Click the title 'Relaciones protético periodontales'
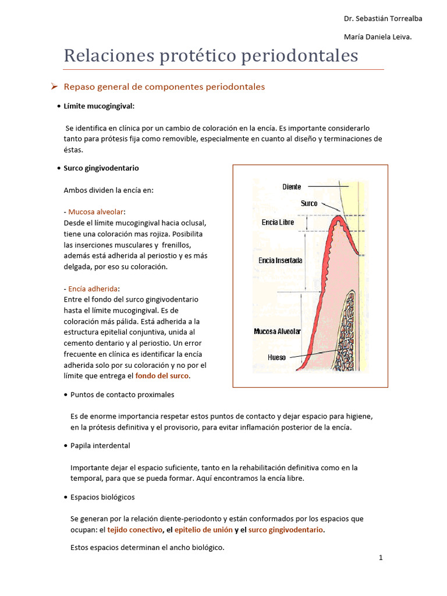[x=211, y=56]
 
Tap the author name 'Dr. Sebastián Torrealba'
[x=383, y=19]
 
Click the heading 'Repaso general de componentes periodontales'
[x=164, y=87]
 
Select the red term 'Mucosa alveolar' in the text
[x=96, y=212]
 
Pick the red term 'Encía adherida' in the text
[x=93, y=289]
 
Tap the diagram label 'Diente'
[x=292, y=187]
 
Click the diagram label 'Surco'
[x=309, y=204]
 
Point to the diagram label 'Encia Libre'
[x=278, y=222]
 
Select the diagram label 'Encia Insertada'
[x=280, y=261]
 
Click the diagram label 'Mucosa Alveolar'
[x=277, y=331]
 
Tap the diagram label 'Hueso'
[x=276, y=357]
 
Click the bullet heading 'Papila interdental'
[x=100, y=445]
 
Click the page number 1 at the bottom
[x=381, y=558]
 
